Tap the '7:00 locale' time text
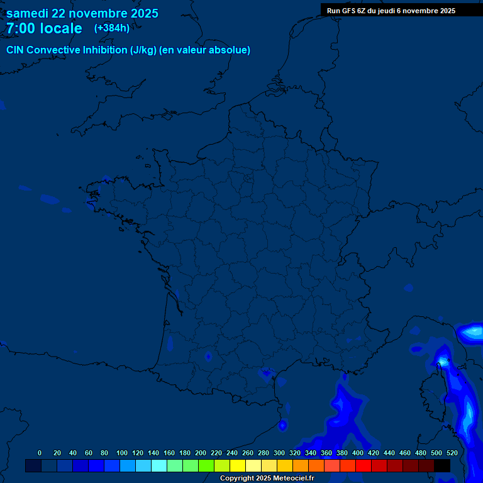(x=44, y=28)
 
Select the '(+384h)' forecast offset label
(x=112, y=28)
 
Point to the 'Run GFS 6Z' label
(x=345, y=11)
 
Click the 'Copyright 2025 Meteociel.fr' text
(x=267, y=479)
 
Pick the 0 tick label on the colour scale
(x=40, y=453)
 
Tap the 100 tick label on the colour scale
(x=122, y=453)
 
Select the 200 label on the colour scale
(x=201, y=453)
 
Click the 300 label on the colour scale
(x=279, y=453)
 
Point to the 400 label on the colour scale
(x=358, y=453)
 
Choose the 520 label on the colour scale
(x=452, y=453)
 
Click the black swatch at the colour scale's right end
(x=442, y=466)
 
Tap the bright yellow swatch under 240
(x=238, y=466)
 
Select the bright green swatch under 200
(x=206, y=466)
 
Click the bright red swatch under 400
(x=364, y=466)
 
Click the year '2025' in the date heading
(x=143, y=13)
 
